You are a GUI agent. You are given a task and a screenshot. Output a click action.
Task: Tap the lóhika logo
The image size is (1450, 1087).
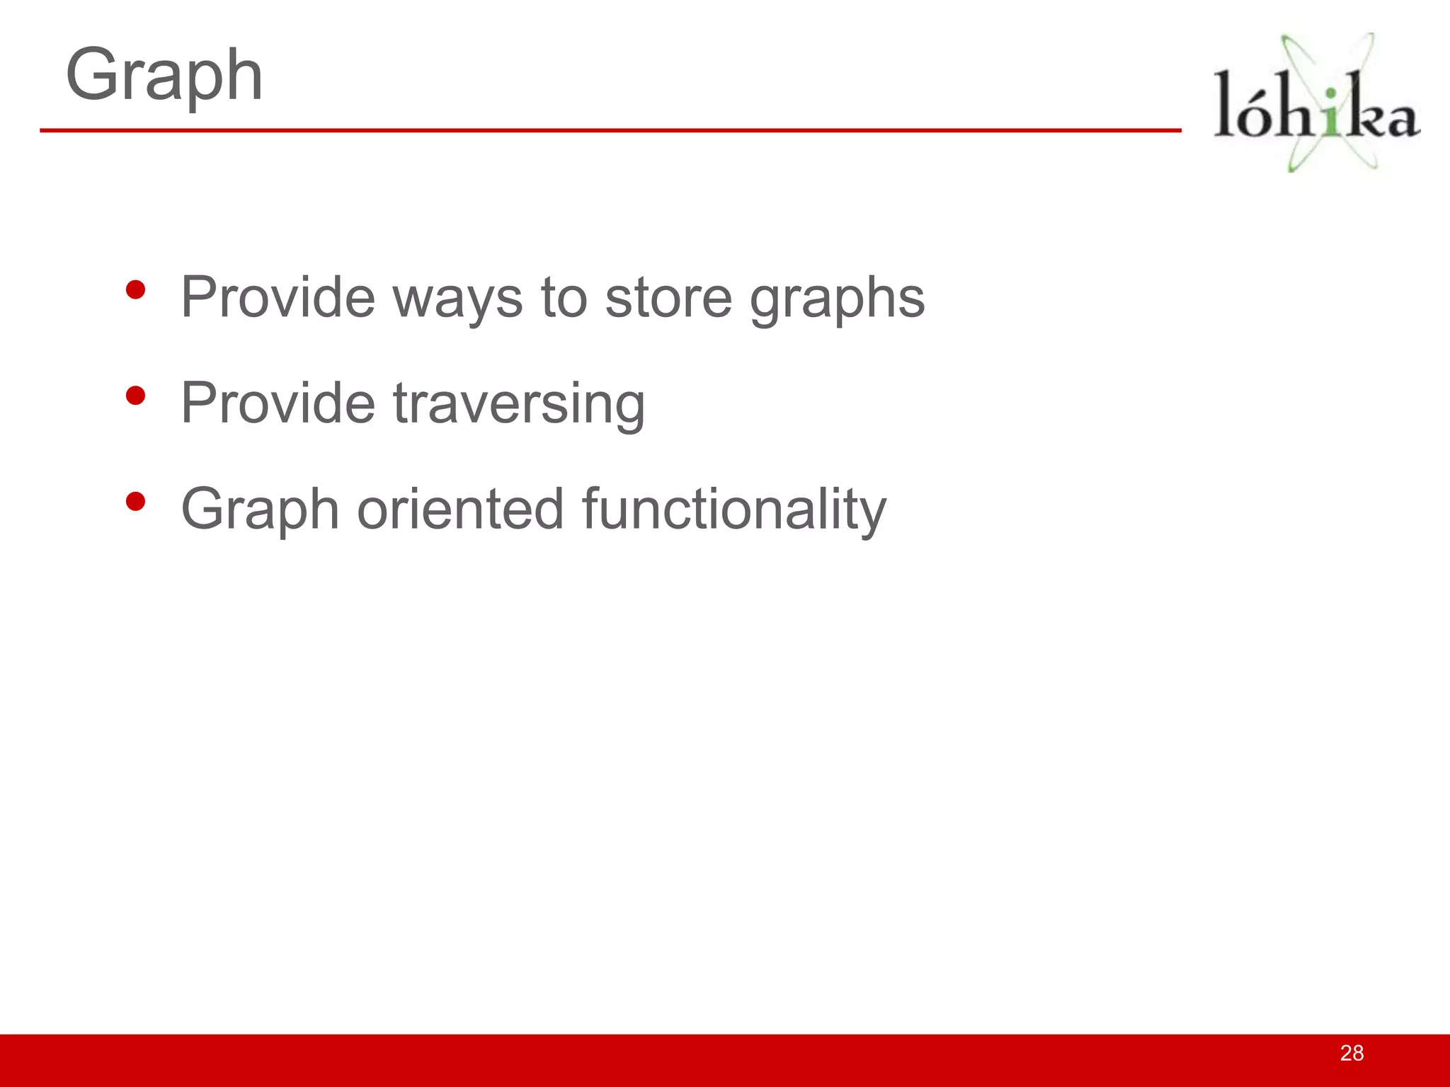tap(1317, 103)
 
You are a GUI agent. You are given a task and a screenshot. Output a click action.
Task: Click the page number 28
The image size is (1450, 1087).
tap(1352, 1053)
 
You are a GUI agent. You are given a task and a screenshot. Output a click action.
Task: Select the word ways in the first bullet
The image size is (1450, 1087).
tap(457, 298)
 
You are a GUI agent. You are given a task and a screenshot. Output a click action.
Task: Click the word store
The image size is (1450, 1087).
tap(668, 298)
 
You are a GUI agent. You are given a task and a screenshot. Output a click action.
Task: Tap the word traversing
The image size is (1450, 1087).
tap(518, 404)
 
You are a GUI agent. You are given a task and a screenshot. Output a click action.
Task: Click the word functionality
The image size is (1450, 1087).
tap(733, 510)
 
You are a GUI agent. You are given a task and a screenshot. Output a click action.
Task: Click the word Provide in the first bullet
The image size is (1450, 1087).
tap(278, 298)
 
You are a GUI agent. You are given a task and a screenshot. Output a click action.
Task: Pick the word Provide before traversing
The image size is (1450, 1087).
tap(278, 403)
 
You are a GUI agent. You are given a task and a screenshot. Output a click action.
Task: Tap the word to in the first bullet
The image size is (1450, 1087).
tap(564, 298)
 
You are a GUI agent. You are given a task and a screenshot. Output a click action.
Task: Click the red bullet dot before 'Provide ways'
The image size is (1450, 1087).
tap(135, 290)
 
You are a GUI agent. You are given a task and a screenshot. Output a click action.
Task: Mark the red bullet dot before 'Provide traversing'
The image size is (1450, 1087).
tap(135, 396)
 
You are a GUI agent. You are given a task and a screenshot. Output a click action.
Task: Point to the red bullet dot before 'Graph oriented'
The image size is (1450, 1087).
tap(135, 502)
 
